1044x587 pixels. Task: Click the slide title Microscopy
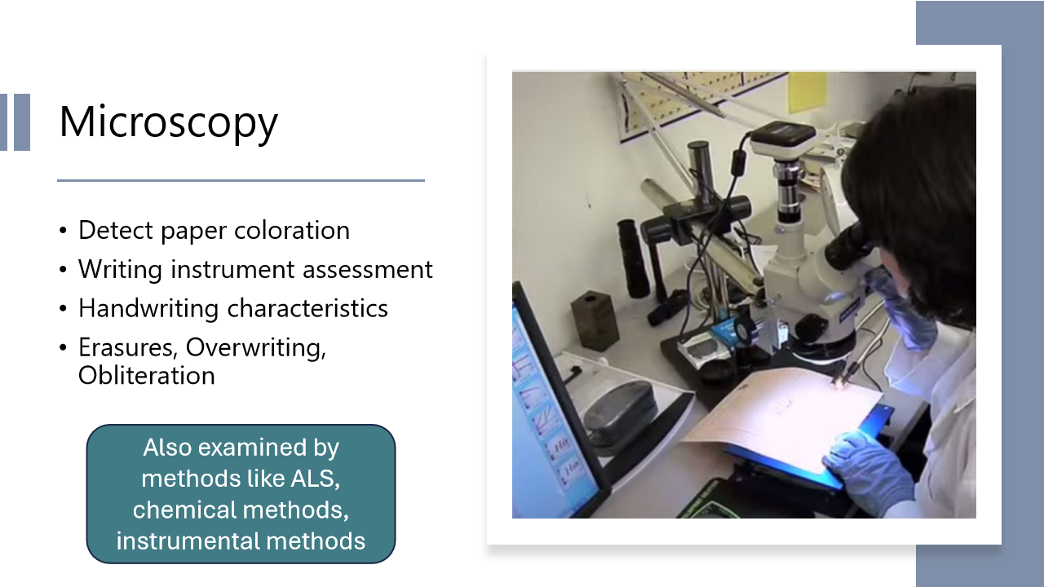click(x=168, y=122)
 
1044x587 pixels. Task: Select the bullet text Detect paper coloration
click(x=214, y=231)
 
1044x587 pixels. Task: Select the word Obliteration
click(x=147, y=376)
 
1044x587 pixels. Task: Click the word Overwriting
click(x=255, y=348)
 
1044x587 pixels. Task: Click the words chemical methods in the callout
click(x=240, y=510)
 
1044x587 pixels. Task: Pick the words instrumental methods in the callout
click(x=240, y=541)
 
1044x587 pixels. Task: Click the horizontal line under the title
click(x=241, y=180)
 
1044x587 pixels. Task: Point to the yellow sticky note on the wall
click(x=807, y=92)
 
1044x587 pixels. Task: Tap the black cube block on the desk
click(x=595, y=320)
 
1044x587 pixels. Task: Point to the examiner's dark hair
click(x=922, y=188)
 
